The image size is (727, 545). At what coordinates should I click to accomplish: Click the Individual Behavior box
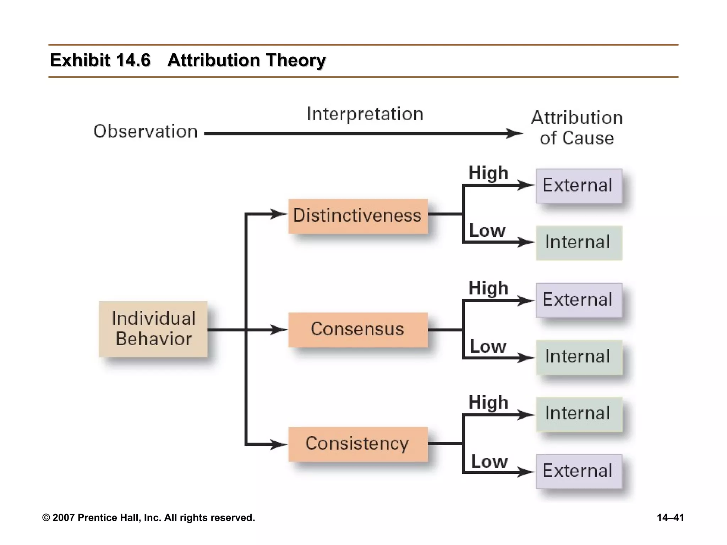153,329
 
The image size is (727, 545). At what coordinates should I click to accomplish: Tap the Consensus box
358,330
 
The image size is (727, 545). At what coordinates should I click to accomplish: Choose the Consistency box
358,444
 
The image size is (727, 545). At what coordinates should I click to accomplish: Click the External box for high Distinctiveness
579,186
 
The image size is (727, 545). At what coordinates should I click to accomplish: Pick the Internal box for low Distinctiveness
579,243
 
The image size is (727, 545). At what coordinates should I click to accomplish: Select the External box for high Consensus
579,300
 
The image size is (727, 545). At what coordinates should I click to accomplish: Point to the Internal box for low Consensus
579,357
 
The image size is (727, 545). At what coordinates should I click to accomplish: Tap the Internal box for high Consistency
579,414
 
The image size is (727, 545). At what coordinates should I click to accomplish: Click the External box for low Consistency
579,471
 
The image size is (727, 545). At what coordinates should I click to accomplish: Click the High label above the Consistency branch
488,403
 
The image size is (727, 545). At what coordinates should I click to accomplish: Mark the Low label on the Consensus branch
488,347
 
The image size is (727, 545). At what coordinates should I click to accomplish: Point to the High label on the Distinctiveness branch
488,174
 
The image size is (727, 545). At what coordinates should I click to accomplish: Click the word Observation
146,132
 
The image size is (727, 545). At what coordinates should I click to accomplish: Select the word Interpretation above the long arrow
365,114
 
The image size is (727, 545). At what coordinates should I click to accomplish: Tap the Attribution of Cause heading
577,128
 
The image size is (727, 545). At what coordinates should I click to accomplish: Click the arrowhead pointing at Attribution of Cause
515,134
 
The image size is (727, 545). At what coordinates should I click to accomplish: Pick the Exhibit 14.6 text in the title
100,60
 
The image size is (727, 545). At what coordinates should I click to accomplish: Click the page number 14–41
670,518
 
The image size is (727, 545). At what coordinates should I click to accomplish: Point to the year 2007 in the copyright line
64,518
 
